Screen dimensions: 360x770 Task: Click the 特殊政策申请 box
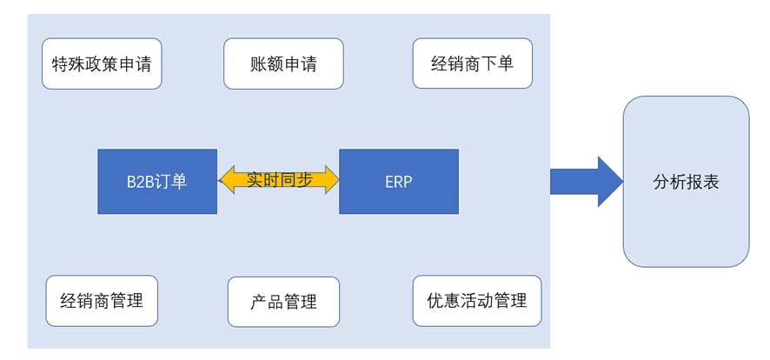click(103, 63)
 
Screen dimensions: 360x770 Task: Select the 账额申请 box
click(283, 63)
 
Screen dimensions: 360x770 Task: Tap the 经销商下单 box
click(472, 63)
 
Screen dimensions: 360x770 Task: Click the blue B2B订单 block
click(157, 182)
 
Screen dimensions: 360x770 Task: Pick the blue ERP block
click(399, 182)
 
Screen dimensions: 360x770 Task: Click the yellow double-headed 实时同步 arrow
click(278, 180)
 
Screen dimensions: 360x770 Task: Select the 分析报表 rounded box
click(686, 182)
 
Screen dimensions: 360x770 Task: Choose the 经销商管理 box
click(102, 301)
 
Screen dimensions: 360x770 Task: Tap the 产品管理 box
click(283, 302)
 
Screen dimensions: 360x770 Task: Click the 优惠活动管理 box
click(477, 301)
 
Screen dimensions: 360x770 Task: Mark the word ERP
click(399, 183)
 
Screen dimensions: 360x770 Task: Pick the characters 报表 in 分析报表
click(702, 183)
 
